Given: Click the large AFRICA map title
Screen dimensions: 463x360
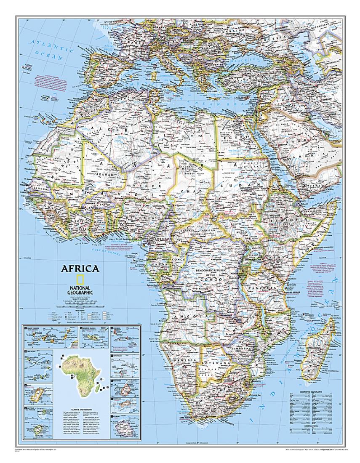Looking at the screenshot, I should click(80, 269).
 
